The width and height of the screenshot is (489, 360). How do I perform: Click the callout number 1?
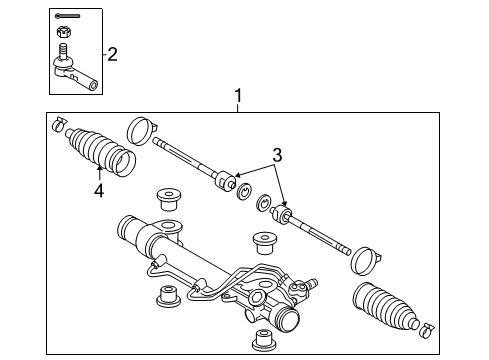238,96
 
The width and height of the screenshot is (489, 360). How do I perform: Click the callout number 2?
112,54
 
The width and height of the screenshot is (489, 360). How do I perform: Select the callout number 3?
277,155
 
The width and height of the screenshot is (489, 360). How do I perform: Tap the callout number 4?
99,191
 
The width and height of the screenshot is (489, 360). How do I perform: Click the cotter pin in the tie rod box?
67,16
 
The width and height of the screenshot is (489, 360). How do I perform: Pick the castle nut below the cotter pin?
61,32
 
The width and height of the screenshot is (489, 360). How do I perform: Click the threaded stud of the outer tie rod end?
63,51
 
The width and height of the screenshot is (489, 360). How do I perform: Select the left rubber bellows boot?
101,151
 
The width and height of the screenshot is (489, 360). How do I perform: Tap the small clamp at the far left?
59,124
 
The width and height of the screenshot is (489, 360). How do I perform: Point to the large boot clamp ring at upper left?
140,131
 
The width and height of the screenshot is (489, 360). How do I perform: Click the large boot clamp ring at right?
364,261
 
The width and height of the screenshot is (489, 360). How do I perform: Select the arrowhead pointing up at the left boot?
99,168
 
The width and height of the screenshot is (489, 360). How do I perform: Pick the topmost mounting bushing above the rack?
169,199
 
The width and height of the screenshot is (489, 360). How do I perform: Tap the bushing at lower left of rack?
168,296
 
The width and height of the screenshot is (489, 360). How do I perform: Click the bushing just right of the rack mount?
265,243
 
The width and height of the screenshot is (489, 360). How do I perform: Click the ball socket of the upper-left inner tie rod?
226,181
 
